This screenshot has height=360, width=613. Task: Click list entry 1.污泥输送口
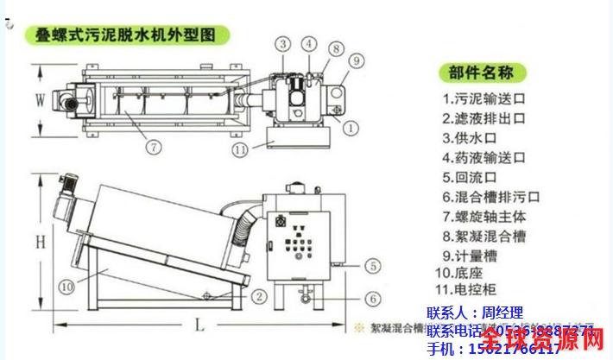483,98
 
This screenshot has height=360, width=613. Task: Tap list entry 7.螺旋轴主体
483,216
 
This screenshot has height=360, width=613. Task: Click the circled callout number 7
153,148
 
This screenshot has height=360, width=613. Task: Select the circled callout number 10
65,286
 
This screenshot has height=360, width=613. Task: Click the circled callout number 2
258,296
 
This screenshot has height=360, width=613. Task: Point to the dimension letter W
39,99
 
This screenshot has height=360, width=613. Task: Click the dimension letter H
39,243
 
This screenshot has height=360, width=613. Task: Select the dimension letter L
200,325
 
